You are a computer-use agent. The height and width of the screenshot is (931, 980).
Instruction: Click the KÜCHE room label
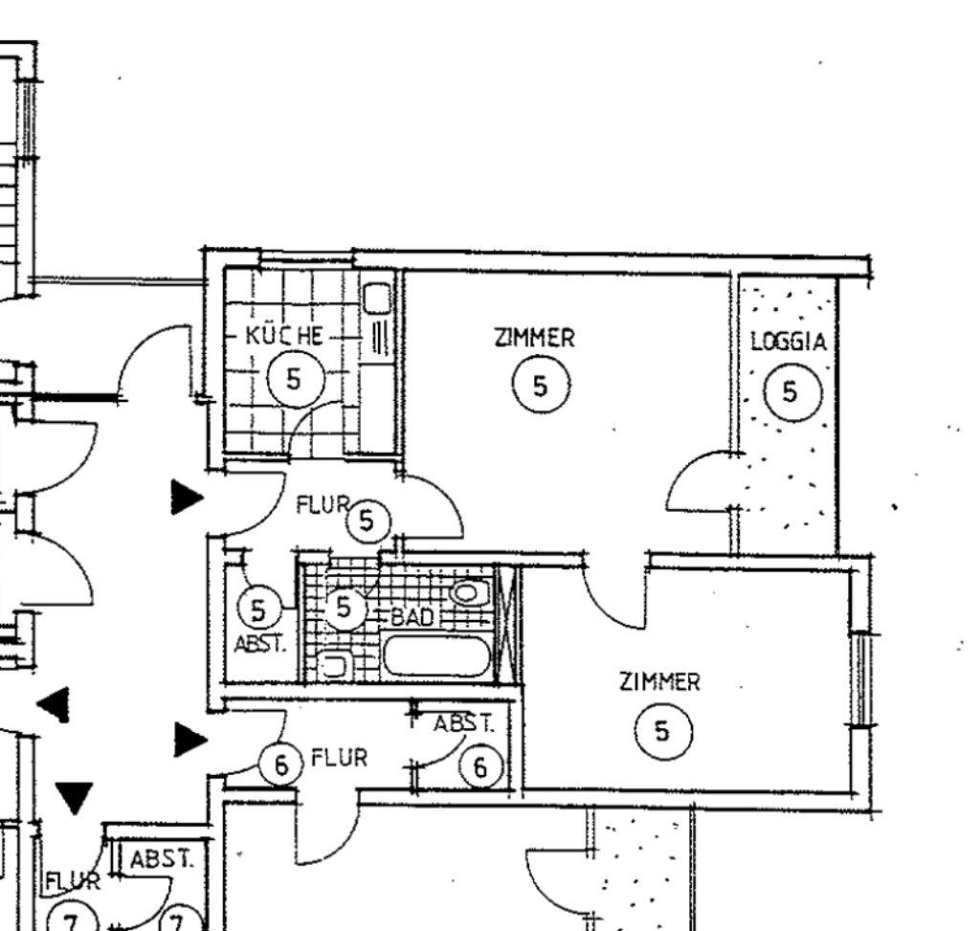click(285, 336)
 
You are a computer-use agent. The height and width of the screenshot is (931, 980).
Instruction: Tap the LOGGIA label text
click(789, 342)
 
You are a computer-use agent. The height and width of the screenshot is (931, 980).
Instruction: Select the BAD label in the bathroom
click(412, 617)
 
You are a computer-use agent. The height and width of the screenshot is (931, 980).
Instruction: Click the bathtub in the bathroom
click(435, 655)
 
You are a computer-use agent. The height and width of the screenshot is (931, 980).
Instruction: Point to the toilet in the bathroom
click(469, 592)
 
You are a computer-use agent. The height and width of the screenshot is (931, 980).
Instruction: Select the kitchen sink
click(377, 298)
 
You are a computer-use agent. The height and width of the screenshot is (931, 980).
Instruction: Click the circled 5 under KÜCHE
click(296, 379)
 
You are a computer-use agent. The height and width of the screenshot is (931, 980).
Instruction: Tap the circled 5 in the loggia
click(792, 392)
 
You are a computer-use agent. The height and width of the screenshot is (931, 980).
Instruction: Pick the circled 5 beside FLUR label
click(367, 521)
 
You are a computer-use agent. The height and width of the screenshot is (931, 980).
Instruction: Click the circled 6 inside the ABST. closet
click(480, 766)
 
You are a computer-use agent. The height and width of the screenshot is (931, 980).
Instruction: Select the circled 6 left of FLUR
click(281, 765)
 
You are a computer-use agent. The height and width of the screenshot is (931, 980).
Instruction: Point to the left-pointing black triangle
click(54, 705)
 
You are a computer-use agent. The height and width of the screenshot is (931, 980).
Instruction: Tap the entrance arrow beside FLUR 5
click(187, 498)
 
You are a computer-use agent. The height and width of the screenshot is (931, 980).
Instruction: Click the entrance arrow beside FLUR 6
click(190, 740)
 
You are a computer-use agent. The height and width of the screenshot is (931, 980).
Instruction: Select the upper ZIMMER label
click(534, 338)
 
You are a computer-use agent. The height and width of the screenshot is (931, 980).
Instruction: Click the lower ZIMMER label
click(660, 681)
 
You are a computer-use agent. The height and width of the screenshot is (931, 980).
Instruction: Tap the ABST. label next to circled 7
click(161, 860)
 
